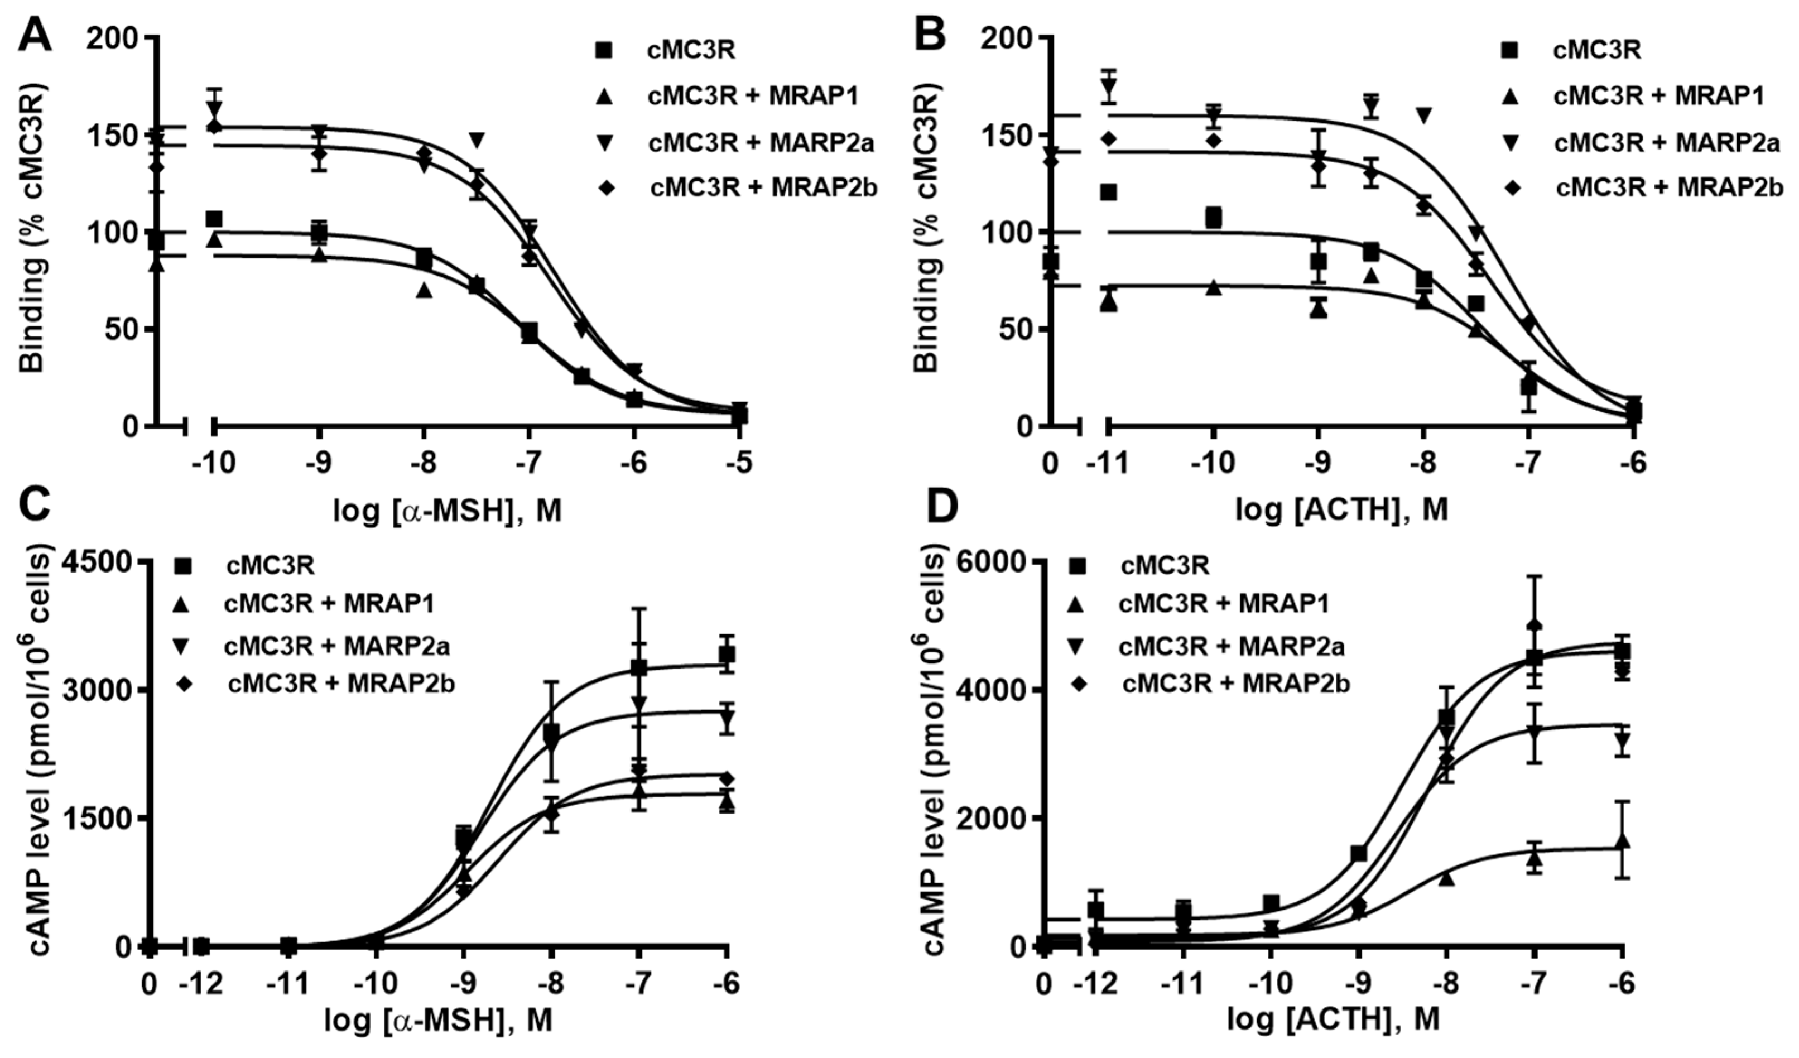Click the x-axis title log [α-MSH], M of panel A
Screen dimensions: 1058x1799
[x=448, y=512]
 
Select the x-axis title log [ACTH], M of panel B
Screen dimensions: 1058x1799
[x=1342, y=512]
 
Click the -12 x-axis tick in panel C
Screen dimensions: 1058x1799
[x=201, y=985]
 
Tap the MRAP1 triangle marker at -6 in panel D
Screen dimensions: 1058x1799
[x=1622, y=841]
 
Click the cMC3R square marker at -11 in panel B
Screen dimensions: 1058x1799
[x=1109, y=192]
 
